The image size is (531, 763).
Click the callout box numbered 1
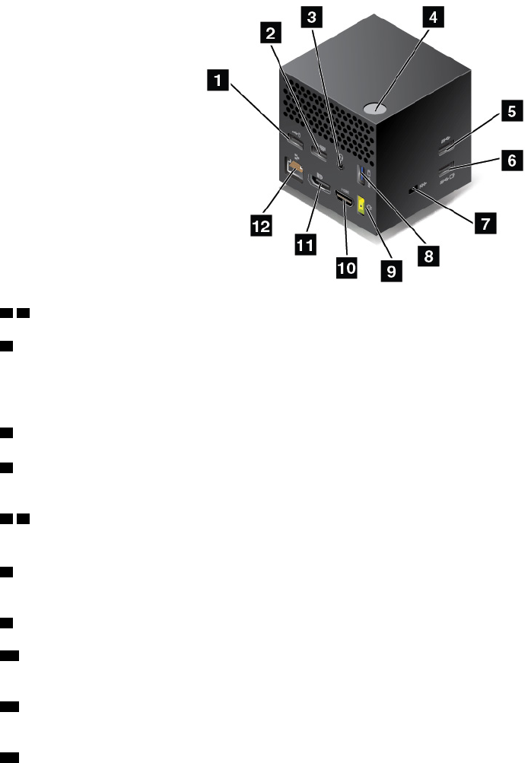(x=220, y=79)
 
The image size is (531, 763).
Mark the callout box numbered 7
(x=483, y=224)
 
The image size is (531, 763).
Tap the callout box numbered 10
(x=345, y=266)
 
